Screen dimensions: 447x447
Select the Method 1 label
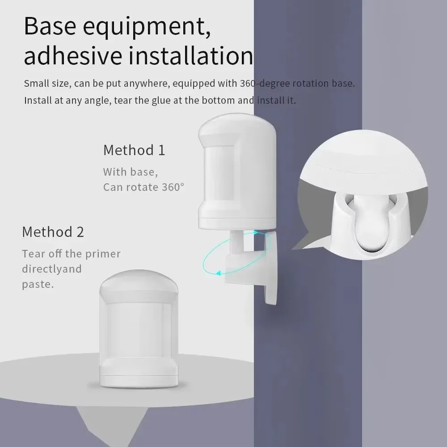(x=134, y=150)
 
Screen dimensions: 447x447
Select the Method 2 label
(x=53, y=232)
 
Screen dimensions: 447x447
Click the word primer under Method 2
(x=104, y=254)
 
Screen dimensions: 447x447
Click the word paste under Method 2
(x=38, y=284)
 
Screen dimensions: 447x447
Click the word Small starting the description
(x=35, y=84)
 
